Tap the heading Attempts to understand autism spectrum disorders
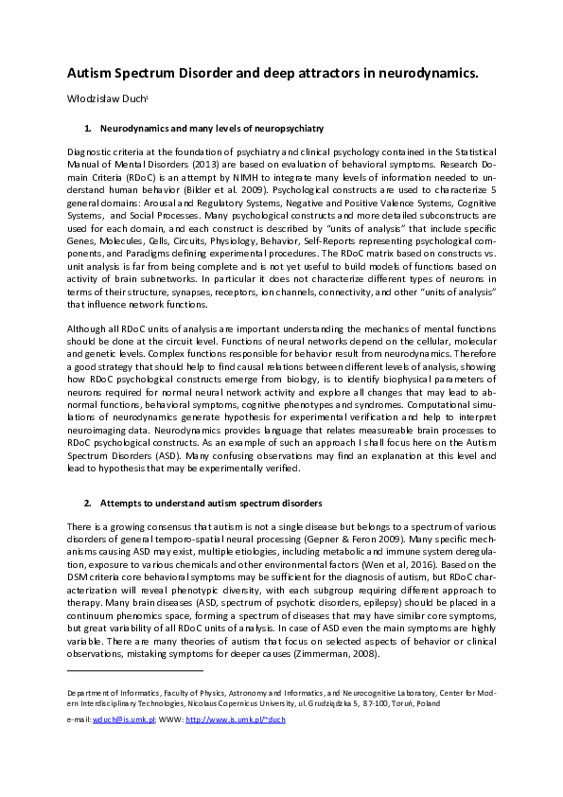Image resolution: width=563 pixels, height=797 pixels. point(212,503)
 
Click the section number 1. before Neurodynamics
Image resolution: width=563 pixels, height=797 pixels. point(88,126)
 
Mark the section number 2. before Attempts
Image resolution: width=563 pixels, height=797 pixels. point(88,503)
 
